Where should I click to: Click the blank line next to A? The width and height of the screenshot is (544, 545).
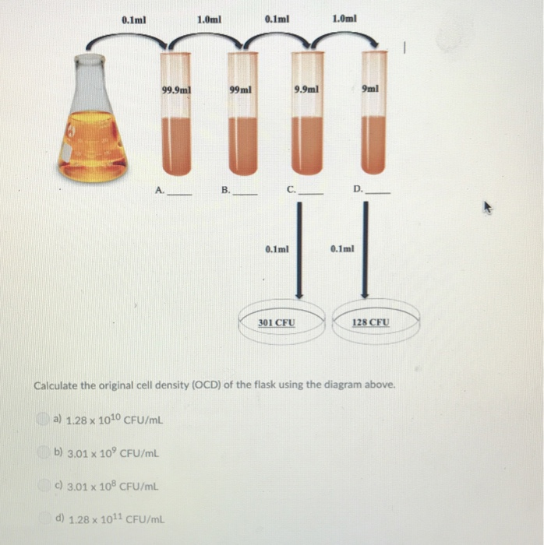click(179, 191)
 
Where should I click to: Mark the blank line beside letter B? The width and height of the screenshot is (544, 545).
click(245, 191)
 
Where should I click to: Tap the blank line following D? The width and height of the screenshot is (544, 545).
click(378, 191)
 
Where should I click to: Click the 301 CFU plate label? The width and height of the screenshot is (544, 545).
click(277, 322)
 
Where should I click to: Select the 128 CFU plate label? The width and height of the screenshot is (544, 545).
click(373, 322)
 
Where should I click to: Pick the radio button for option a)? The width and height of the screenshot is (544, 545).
click(43, 420)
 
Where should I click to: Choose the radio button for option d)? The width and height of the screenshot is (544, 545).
click(53, 518)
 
